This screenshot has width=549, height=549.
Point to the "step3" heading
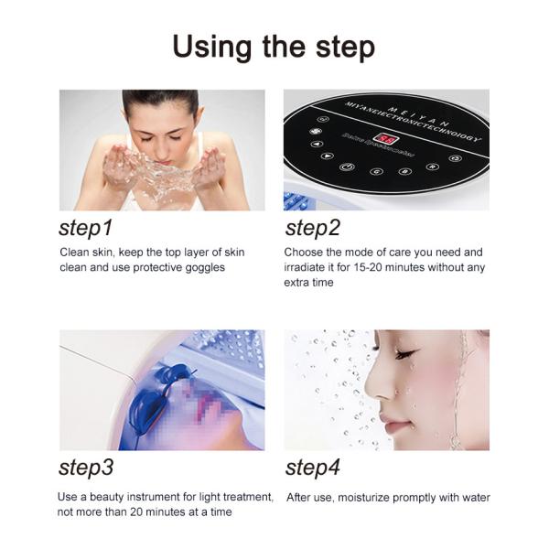click(x=86, y=468)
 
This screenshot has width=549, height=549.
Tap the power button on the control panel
click(x=347, y=167)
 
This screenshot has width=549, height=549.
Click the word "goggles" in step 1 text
click(x=200, y=267)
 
